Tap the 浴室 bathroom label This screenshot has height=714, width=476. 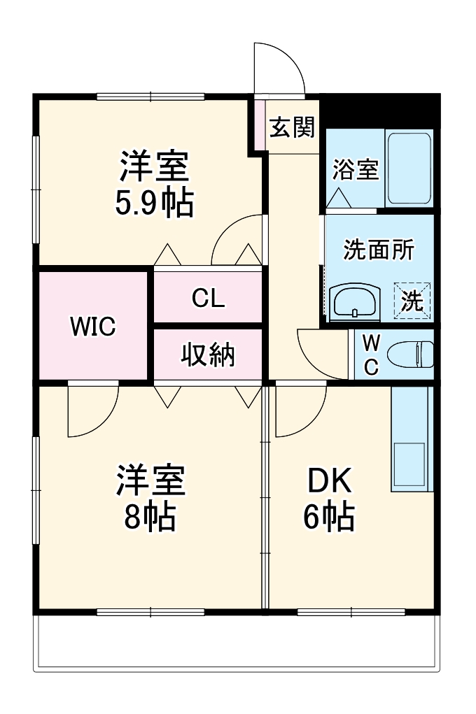(x=355, y=170)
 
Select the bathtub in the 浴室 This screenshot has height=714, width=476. (x=409, y=168)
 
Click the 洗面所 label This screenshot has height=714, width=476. (x=378, y=250)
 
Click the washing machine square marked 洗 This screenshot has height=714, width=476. (x=412, y=301)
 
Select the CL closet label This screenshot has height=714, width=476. (x=209, y=299)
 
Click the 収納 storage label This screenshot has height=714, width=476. (x=209, y=355)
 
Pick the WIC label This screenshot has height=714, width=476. (x=92, y=327)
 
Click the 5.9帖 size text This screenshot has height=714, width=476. (x=154, y=204)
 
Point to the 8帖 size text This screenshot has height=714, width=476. (x=150, y=516)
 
